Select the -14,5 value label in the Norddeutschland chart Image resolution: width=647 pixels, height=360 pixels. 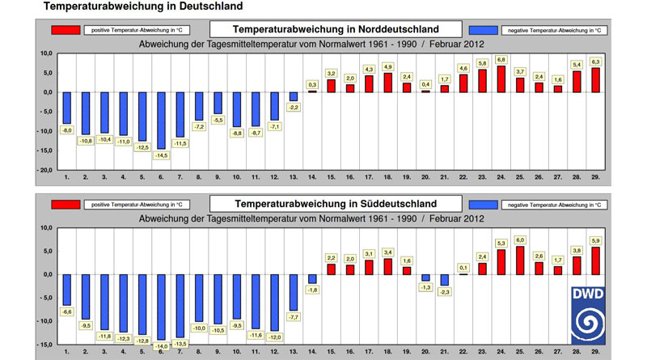click(x=162, y=155)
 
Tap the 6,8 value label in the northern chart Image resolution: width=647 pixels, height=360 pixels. click(x=501, y=59)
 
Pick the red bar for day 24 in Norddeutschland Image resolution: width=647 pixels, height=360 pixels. click(x=501, y=79)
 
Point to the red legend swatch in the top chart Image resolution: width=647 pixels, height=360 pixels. click(x=65, y=30)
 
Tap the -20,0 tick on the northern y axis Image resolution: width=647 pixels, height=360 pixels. click(x=41, y=171)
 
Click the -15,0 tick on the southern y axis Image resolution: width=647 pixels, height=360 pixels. click(x=41, y=345)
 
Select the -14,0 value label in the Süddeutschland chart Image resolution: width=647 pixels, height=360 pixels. click(x=162, y=345)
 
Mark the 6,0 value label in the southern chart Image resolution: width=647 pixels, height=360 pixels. click(x=519, y=239)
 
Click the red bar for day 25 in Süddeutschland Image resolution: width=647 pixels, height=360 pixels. click(x=519, y=260)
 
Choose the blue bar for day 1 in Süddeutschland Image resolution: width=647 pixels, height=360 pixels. click(x=67, y=290)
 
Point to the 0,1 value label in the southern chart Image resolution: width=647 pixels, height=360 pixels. click(x=463, y=267)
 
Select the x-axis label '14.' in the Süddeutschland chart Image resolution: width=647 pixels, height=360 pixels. click(x=312, y=352)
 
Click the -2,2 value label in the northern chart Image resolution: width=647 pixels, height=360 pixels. click(x=294, y=108)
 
